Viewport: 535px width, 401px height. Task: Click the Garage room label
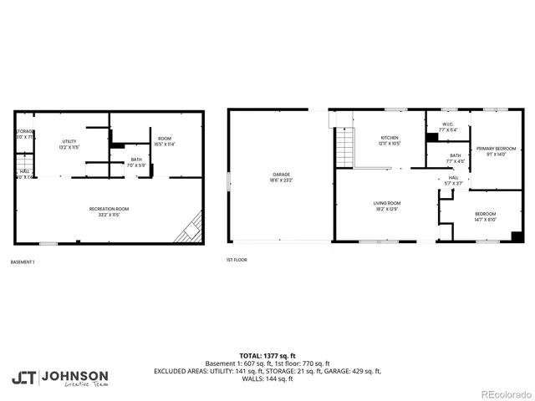(279, 178)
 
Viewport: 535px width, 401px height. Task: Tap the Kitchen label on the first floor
(390, 140)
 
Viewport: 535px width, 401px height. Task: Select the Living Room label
(387, 206)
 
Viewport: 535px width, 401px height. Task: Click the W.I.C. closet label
(447, 128)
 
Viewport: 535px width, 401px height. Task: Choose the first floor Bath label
(455, 158)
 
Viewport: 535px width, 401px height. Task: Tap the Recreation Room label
(110, 211)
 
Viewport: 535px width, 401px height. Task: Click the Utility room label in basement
(69, 145)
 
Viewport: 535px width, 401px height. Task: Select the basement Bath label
(135, 163)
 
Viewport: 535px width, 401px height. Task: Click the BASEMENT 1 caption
(23, 261)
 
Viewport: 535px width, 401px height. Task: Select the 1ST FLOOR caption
(237, 261)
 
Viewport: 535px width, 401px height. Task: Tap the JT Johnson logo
(59, 378)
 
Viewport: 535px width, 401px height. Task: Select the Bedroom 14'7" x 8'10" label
(486, 216)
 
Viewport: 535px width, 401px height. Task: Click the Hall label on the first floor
(452, 180)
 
